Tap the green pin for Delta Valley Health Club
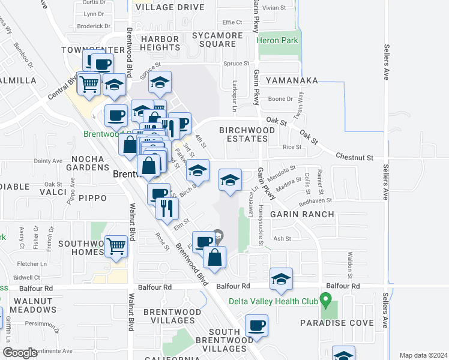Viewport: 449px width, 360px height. coord(325,298)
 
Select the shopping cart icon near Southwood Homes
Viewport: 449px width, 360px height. coord(116,245)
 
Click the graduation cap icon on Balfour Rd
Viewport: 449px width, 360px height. coord(281,278)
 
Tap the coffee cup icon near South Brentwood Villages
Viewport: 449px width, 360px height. coord(256,326)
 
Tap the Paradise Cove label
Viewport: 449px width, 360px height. coord(337,323)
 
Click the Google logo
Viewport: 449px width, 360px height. coord(20,353)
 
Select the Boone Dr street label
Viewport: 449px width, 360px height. coord(280,99)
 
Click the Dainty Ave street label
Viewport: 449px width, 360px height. coord(48,161)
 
